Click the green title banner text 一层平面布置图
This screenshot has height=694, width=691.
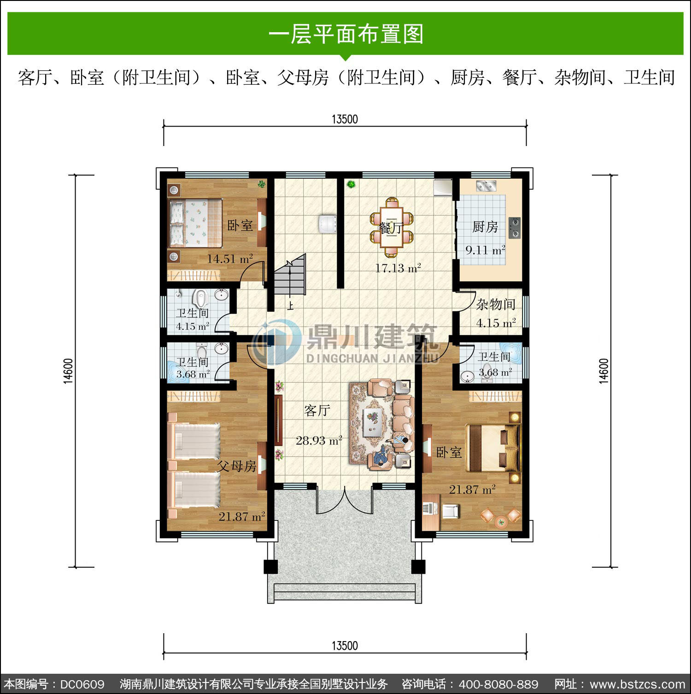345,34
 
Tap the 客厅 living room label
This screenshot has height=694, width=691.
317,410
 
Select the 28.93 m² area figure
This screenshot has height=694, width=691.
319,440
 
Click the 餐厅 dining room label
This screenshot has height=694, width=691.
391,228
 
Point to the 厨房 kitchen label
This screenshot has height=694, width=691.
485,227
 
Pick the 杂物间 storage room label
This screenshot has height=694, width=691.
496,304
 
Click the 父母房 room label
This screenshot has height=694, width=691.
237,466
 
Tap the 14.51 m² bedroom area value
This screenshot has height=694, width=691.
229,259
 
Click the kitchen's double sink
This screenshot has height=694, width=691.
486,186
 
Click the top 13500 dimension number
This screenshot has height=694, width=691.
345,119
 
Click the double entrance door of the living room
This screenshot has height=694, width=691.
345,501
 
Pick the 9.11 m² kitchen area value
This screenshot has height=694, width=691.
485,251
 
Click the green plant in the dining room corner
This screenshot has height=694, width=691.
351,185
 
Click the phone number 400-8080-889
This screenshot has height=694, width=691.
498,684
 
